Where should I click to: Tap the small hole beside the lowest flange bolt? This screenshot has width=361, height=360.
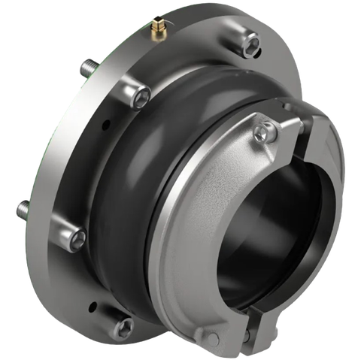pyautogui.click(x=94, y=306)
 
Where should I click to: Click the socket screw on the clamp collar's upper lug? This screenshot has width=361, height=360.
pyautogui.click(x=260, y=133)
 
